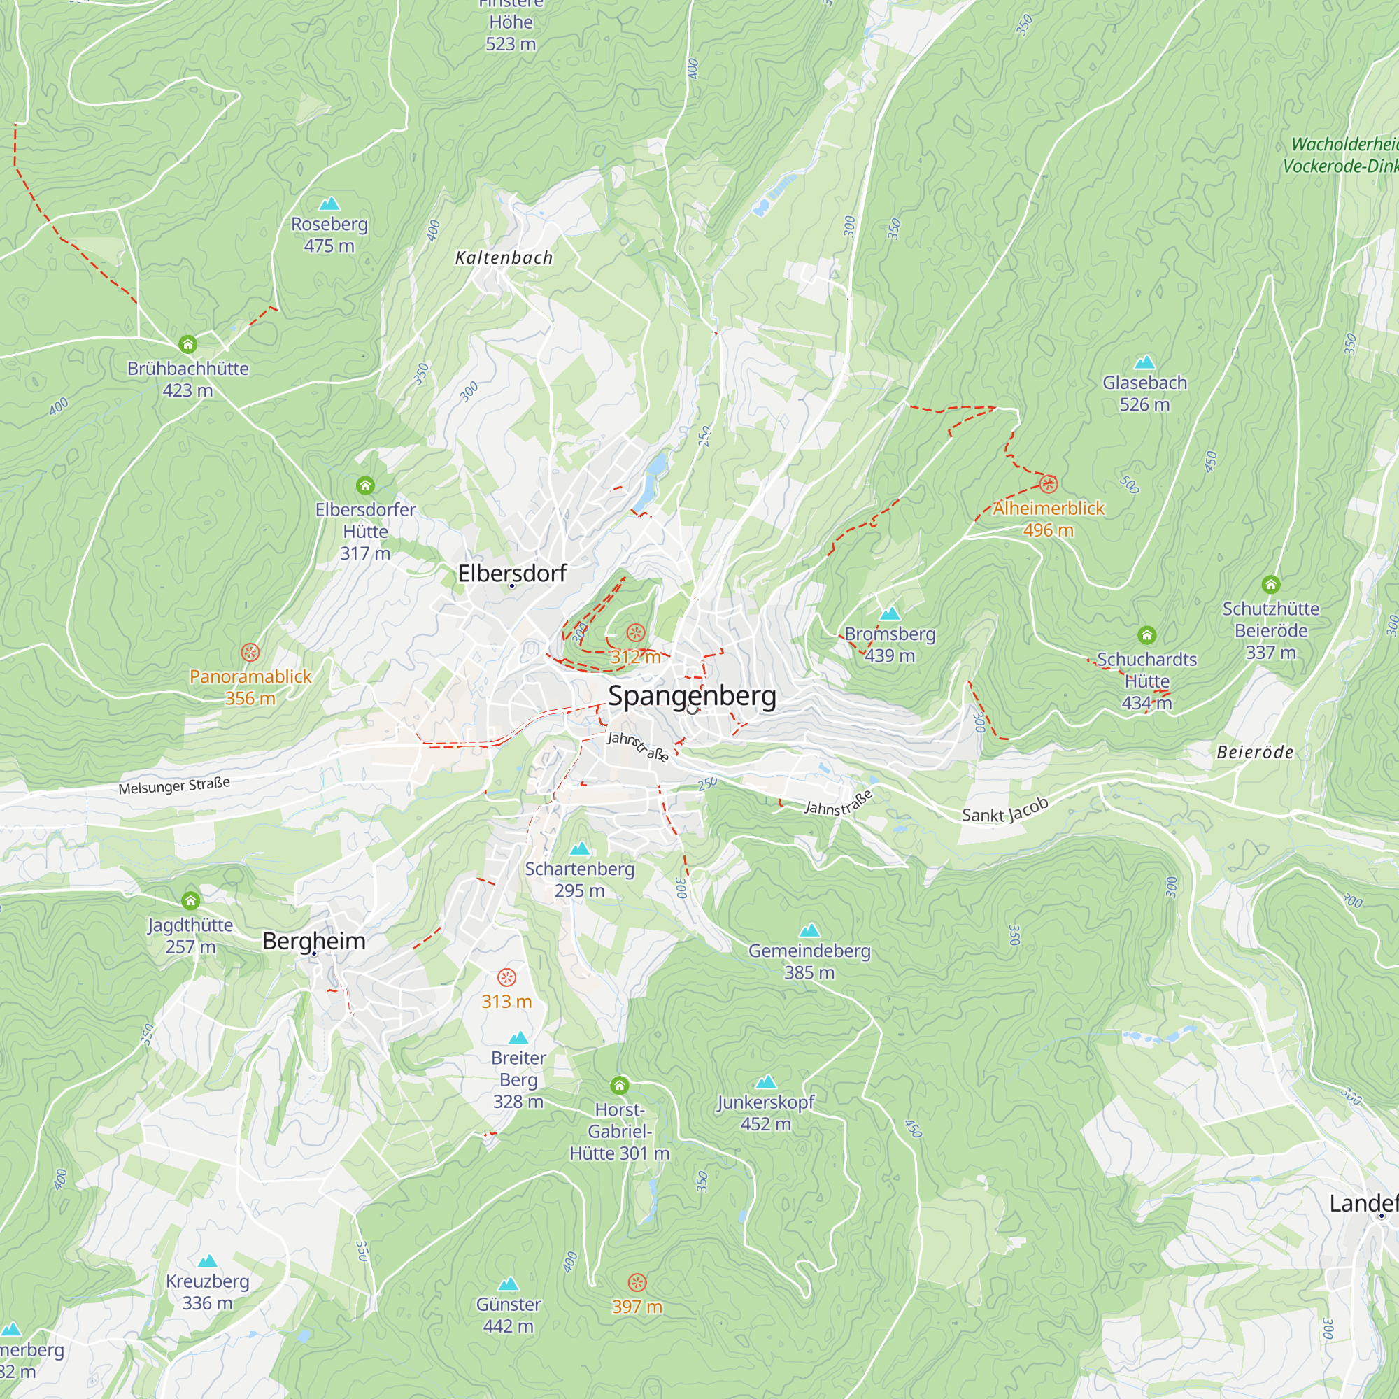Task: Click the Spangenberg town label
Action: (692, 696)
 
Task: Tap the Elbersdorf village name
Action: (512, 574)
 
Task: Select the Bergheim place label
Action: (313, 941)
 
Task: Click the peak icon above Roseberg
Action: (329, 204)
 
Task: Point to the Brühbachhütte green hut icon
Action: (187, 344)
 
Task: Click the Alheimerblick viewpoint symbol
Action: (1049, 484)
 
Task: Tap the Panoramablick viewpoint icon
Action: (250, 653)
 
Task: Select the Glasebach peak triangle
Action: (1145, 362)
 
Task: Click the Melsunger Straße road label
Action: (173, 786)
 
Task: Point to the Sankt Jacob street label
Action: (1005, 809)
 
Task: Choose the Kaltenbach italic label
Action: (504, 258)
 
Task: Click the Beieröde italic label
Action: (1255, 753)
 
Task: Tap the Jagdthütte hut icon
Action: (190, 901)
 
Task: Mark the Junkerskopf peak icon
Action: (766, 1082)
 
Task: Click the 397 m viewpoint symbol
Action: (637, 1282)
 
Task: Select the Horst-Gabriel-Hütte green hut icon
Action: (619, 1086)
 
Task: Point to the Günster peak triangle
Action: (509, 1284)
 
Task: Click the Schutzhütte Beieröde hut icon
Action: (1271, 584)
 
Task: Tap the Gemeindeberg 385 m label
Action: (809, 961)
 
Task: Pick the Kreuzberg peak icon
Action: (208, 1260)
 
